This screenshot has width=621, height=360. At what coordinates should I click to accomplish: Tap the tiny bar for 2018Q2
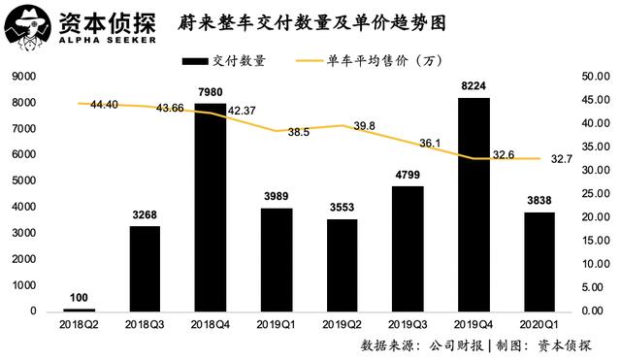[79, 311]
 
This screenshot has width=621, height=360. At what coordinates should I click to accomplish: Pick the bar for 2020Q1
[539, 262]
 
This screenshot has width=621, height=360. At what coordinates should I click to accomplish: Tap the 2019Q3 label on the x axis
[408, 326]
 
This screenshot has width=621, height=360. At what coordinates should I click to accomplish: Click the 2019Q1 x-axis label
[276, 326]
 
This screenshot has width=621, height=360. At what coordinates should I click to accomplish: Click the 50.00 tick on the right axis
[594, 77]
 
